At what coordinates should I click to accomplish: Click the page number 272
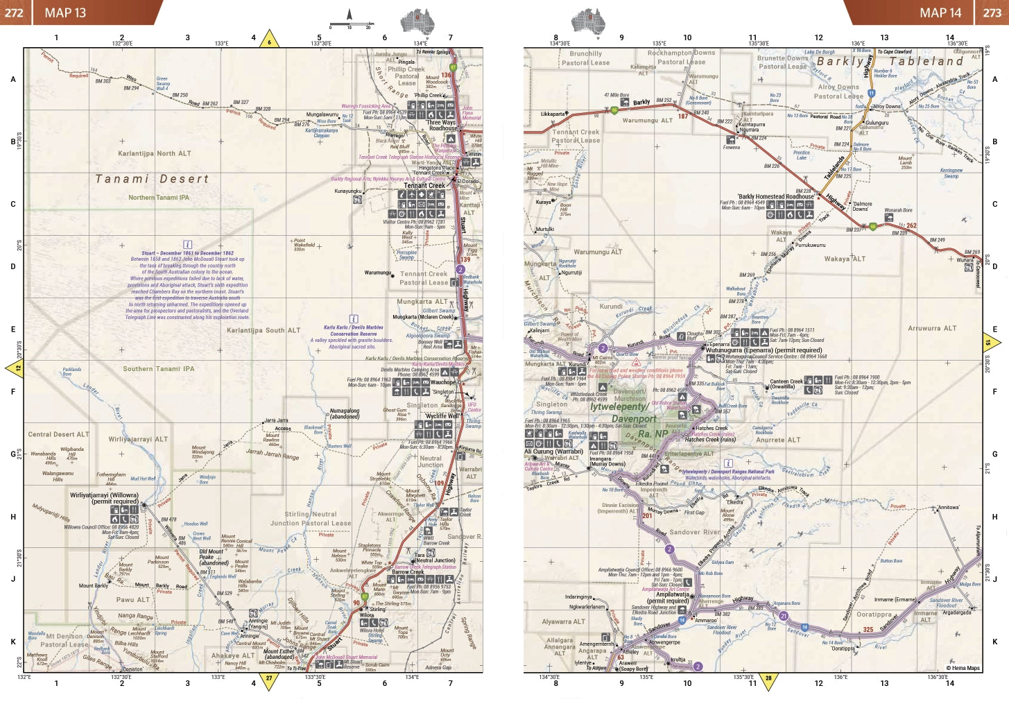coord(14,12)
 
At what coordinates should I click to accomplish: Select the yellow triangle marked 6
coord(269,41)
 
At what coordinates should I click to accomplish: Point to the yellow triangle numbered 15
coord(990,343)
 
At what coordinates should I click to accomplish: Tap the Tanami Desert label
coord(152,179)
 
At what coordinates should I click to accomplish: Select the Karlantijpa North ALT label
coord(154,153)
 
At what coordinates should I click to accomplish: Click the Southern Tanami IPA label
coord(159,369)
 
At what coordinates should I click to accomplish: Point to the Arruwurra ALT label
coord(932,329)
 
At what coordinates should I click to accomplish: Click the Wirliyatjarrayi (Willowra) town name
coord(104,495)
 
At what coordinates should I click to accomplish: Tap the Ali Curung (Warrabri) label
coord(553,452)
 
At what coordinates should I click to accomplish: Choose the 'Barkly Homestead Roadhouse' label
coord(775,196)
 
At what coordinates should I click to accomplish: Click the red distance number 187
coord(683,117)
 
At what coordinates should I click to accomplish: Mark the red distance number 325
coord(868,630)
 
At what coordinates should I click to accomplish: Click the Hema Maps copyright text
coord(963,668)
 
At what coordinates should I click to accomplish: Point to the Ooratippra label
coord(874,615)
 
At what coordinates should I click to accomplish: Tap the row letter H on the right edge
coord(994,517)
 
